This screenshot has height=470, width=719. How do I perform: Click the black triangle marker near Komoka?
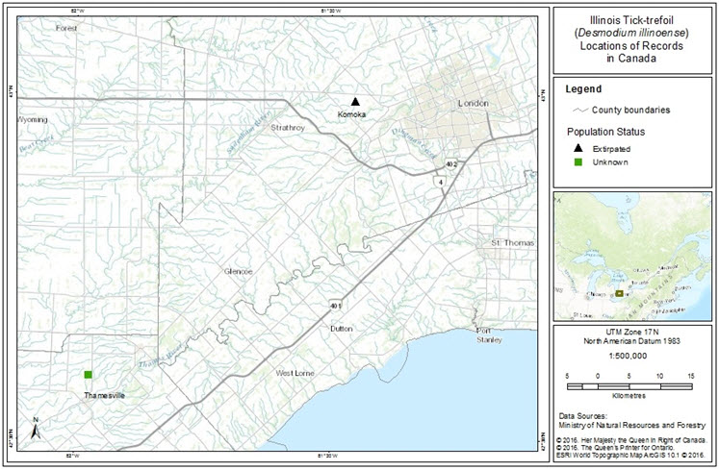pyautogui.click(x=354, y=101)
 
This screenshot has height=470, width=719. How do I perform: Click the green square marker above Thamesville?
pyautogui.click(x=88, y=374)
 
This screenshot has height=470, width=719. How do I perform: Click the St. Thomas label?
pyautogui.click(x=512, y=243)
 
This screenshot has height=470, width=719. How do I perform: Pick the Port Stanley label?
pyautogui.click(x=490, y=336)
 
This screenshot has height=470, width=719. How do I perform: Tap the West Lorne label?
pyautogui.click(x=296, y=373)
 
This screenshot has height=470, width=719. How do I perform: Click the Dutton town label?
pyautogui.click(x=342, y=329)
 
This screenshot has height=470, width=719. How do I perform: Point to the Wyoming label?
pyautogui.click(x=32, y=120)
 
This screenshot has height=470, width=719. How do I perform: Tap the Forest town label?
pyautogui.click(x=66, y=29)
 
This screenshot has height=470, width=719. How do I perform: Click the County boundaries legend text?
pyautogui.click(x=631, y=110)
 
